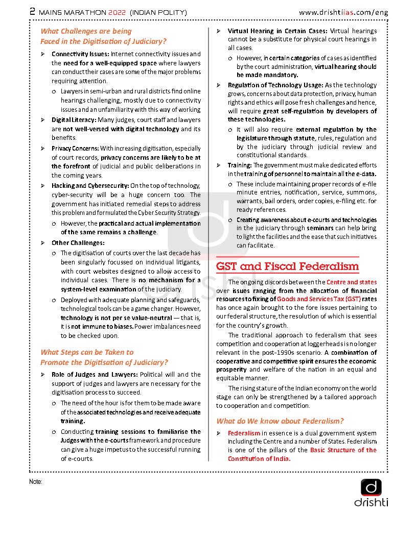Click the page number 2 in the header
tap(32, 11)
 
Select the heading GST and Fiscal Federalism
tap(287, 266)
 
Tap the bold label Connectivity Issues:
tap(80, 54)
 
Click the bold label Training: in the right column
tap(240, 165)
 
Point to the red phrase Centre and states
tap(352, 282)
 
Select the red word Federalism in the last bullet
tap(244, 433)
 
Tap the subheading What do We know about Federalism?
tap(280, 421)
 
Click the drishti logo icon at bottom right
tap(371, 487)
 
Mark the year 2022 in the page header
tap(117, 11)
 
